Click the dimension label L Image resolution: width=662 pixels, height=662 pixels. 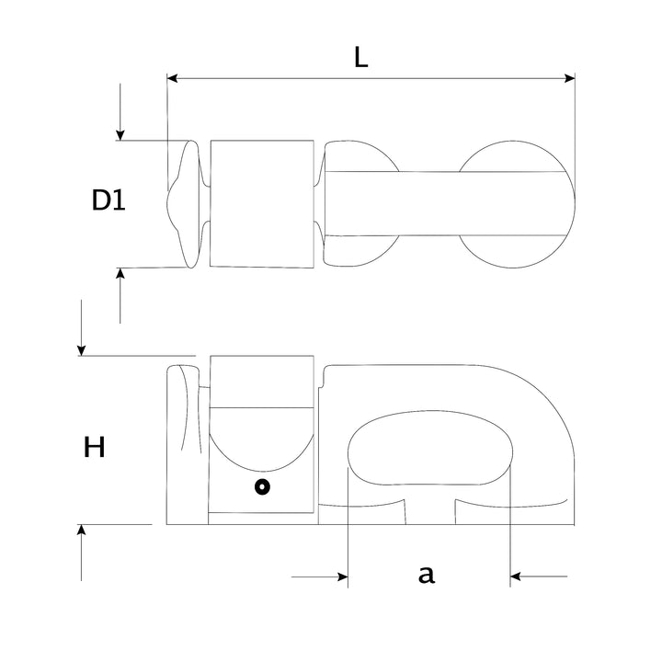coord(361,57)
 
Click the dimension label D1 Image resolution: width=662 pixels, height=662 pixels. coord(108,200)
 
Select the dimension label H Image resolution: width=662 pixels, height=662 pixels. coord(94,447)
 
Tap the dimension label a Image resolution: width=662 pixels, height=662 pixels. coord(427,575)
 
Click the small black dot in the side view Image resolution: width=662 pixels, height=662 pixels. coord(262,486)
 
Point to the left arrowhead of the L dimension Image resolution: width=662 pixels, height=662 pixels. coord(172,78)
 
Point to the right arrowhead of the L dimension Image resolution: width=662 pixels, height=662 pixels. coord(569,78)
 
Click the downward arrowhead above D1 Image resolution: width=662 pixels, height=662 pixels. coord(120,134)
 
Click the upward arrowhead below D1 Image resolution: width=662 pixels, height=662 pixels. coord(120,273)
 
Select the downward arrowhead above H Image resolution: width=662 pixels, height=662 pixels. coord(82,350)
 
